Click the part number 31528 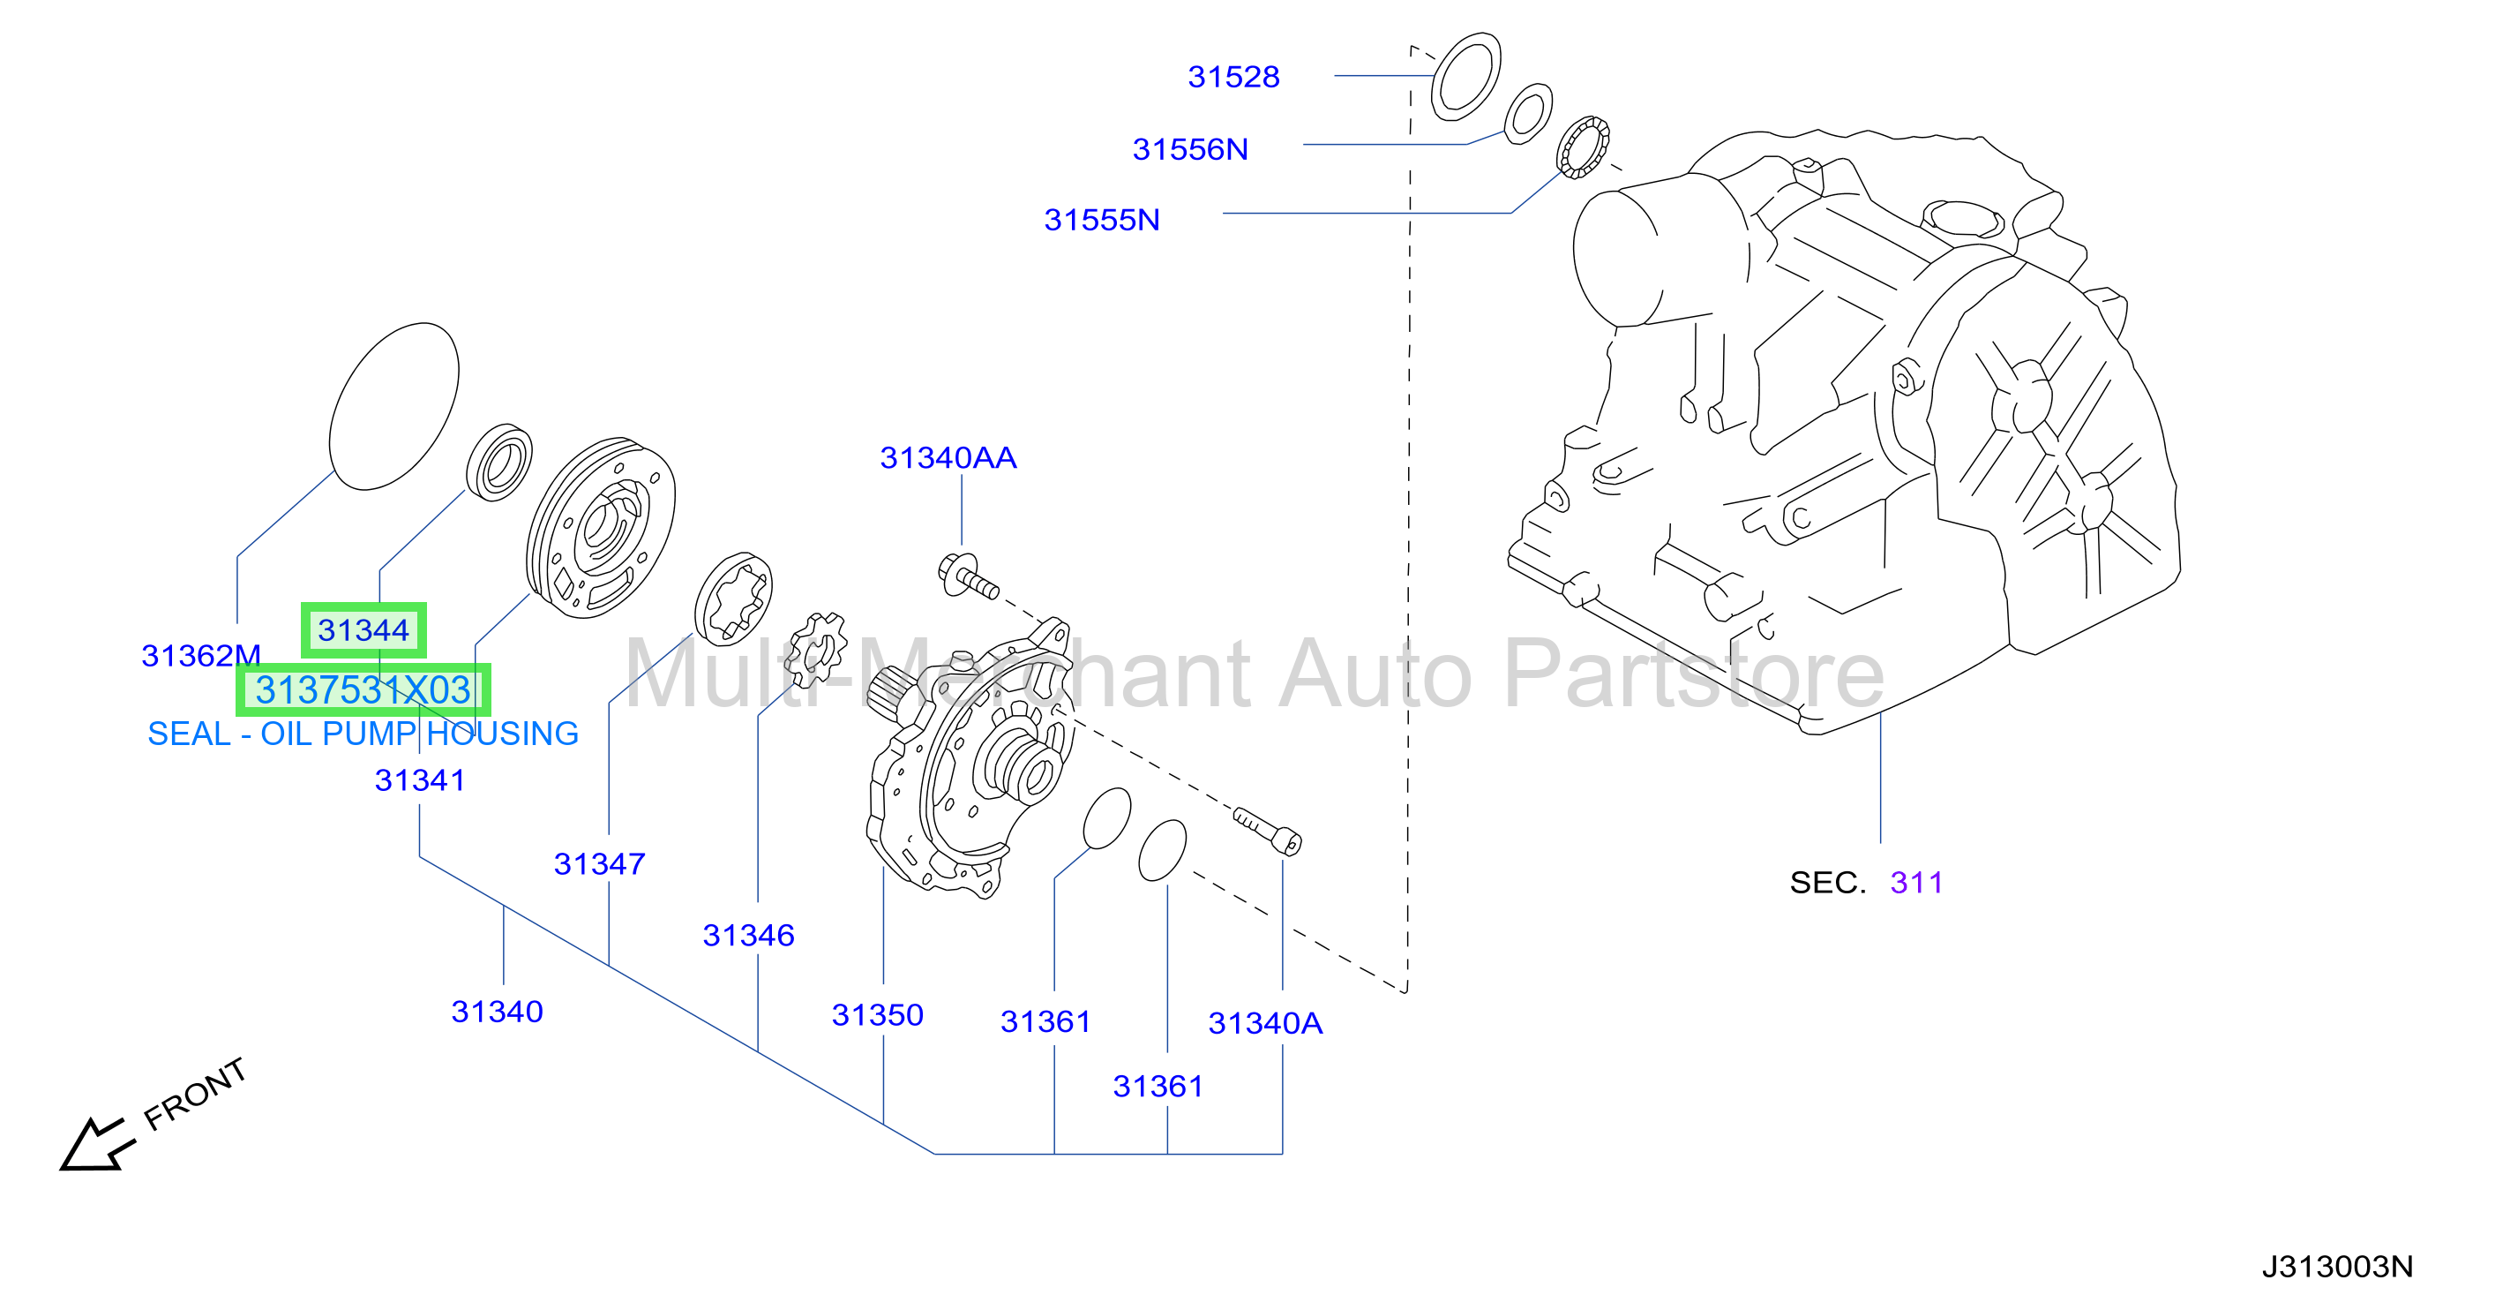click(x=1233, y=77)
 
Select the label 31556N click(x=1190, y=149)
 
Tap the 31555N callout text click(x=1101, y=219)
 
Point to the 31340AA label click(x=948, y=457)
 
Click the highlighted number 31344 click(x=363, y=630)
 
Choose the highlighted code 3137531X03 click(x=363, y=690)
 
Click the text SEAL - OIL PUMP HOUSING click(x=363, y=734)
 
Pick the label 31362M click(x=201, y=656)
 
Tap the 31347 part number click(x=599, y=863)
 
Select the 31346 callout click(x=748, y=936)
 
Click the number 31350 click(x=877, y=1014)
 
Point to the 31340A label click(x=1265, y=1023)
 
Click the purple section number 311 click(x=1915, y=883)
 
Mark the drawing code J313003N click(x=2336, y=1266)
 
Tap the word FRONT click(x=195, y=1094)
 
